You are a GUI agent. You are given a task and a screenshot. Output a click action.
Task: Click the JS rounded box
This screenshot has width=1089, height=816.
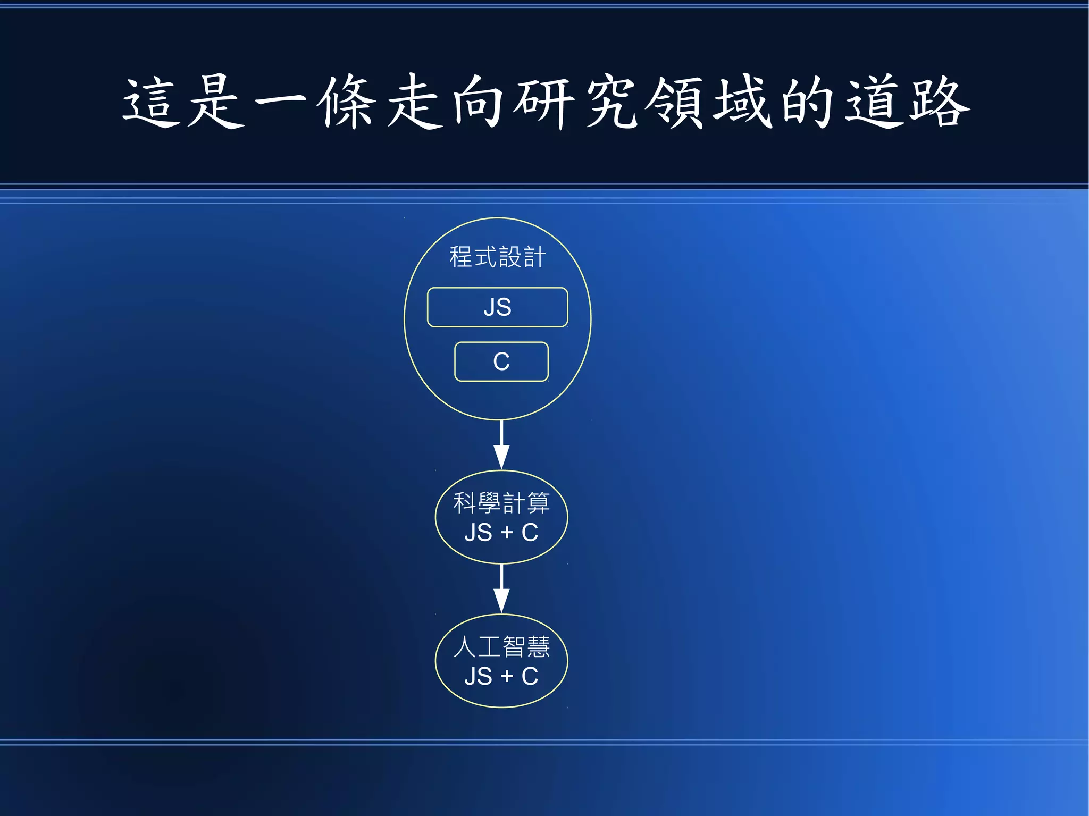pos(497,307)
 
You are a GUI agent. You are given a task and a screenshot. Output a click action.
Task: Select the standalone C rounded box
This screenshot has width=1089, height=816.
pos(501,361)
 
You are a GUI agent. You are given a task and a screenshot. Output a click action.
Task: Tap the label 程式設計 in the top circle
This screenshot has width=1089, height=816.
pos(497,257)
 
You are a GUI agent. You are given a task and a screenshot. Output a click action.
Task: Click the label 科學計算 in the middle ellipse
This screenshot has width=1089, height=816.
pos(501,503)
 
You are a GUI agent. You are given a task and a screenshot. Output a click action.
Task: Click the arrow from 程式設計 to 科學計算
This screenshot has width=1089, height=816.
pos(501,444)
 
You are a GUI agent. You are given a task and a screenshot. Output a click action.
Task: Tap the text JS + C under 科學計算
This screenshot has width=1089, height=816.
pos(501,533)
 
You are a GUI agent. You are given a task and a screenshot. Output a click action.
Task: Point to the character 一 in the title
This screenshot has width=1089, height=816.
pos(280,101)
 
